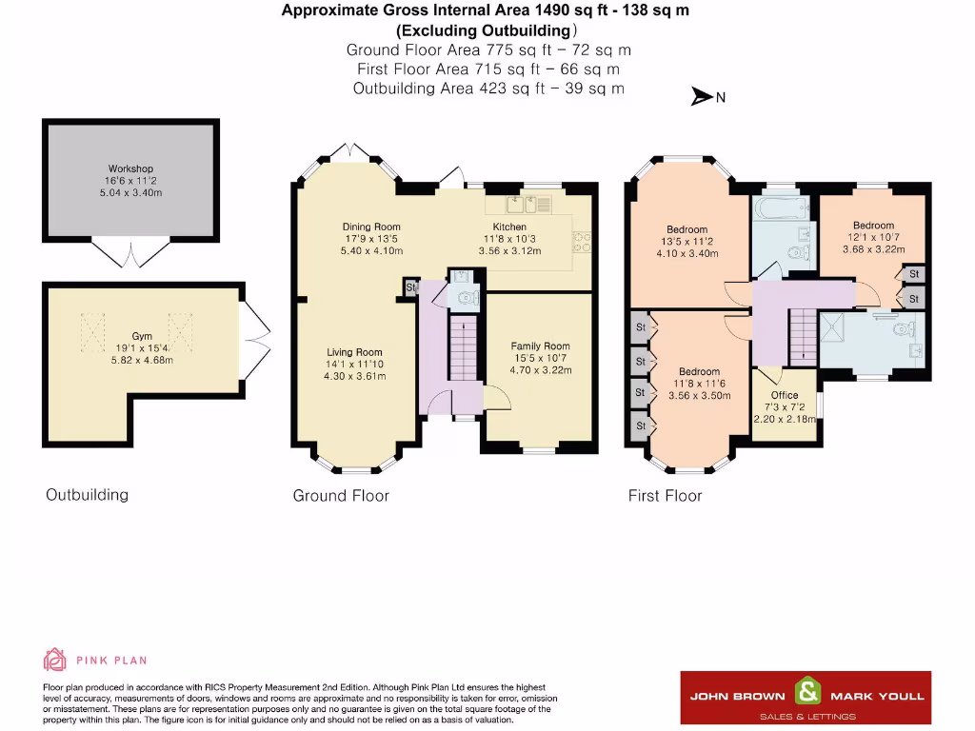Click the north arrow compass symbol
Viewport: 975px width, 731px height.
pyautogui.click(x=703, y=96)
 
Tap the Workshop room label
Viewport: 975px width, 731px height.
pyautogui.click(x=130, y=168)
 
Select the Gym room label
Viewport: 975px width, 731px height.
pyautogui.click(x=142, y=336)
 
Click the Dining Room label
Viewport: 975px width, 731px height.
pyautogui.click(x=371, y=227)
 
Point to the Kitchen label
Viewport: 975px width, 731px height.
pyautogui.click(x=509, y=227)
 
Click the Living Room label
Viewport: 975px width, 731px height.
pyautogui.click(x=354, y=352)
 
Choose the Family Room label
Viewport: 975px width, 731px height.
pyautogui.click(x=540, y=346)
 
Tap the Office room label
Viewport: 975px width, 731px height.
pyautogui.click(x=785, y=395)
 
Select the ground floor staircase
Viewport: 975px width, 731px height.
pyautogui.click(x=462, y=347)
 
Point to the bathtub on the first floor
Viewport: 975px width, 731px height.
pyautogui.click(x=780, y=207)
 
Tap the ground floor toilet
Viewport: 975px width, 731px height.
pyautogui.click(x=465, y=296)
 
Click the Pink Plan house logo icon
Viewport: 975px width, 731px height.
pyautogui.click(x=54, y=659)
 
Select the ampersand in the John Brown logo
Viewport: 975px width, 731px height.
pyautogui.click(x=807, y=691)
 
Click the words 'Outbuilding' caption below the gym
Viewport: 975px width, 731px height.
pyautogui.click(x=87, y=495)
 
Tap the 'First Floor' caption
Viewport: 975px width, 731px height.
pyautogui.click(x=665, y=496)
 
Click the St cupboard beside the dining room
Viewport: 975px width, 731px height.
pyautogui.click(x=411, y=286)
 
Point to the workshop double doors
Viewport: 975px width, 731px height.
pyautogui.click(x=130, y=253)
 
